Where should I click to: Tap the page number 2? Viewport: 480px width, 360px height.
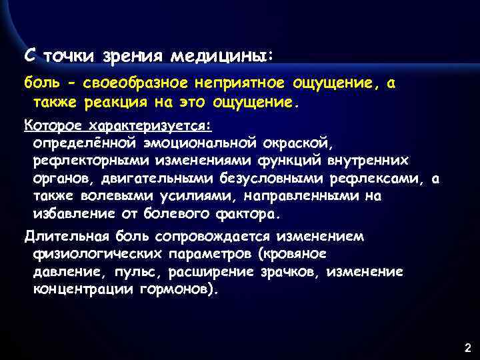pyautogui.click(x=467, y=347)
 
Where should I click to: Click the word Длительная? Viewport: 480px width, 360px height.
pyautogui.click(x=62, y=236)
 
